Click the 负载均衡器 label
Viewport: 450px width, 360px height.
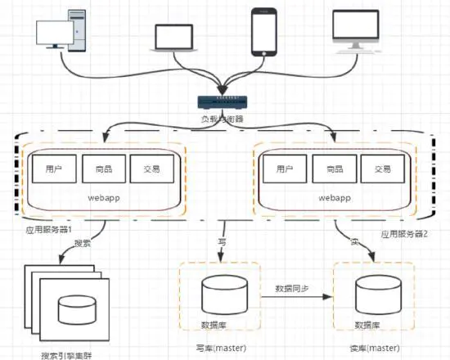[x=223, y=119]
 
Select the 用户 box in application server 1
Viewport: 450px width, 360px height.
[x=54, y=169]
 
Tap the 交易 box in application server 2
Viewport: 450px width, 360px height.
[x=382, y=169]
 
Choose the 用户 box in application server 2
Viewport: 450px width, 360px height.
[x=284, y=169]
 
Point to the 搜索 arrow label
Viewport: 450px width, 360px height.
[x=83, y=243]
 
